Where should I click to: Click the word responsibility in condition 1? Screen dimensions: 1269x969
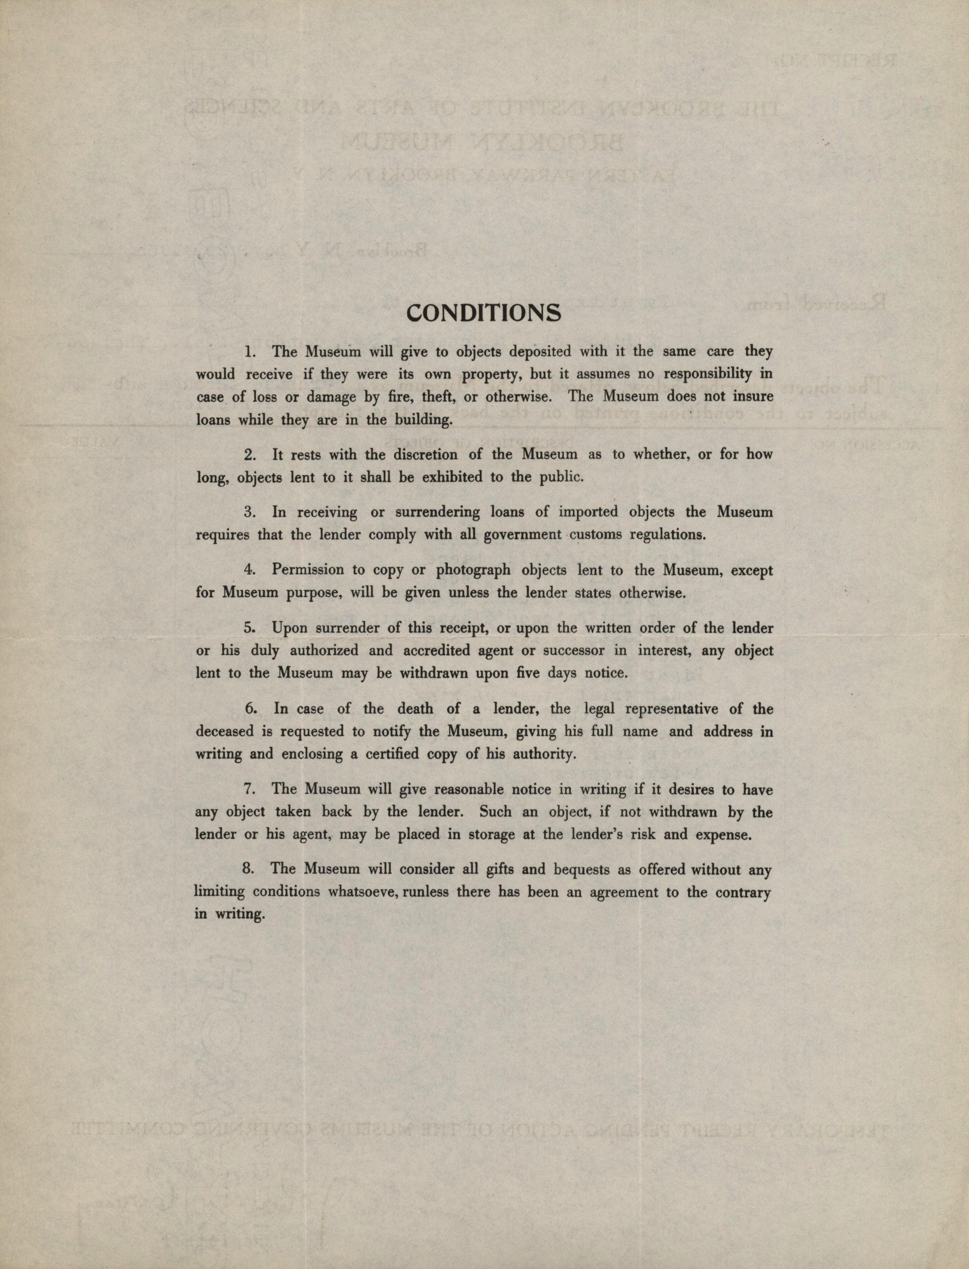(x=708, y=374)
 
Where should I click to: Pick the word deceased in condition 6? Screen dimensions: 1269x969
(x=224, y=732)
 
